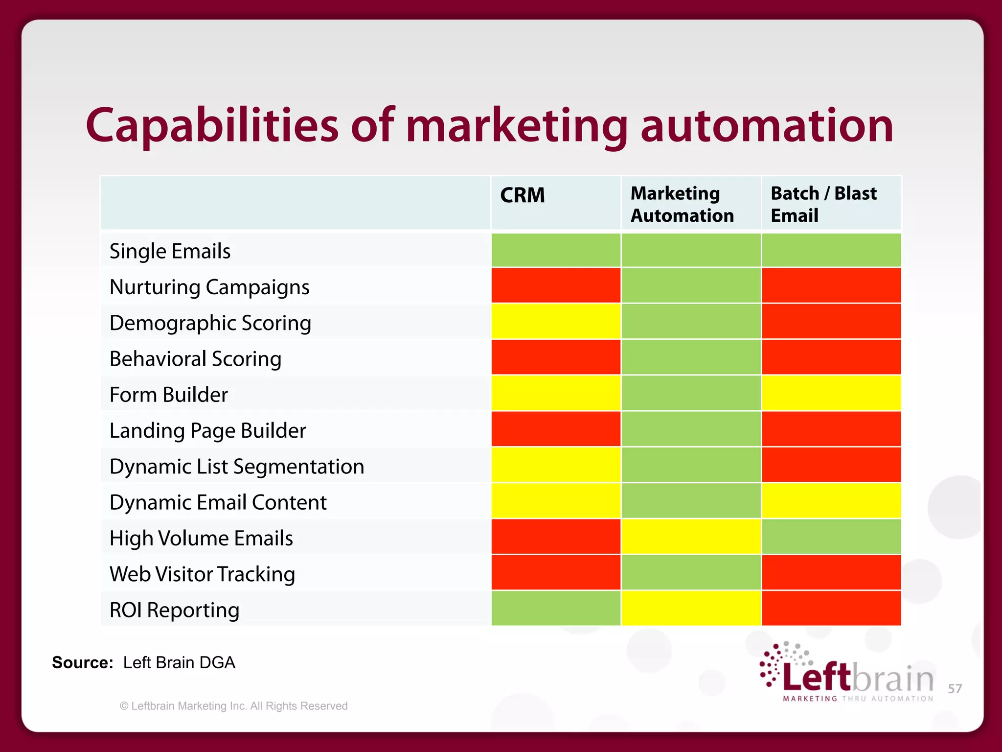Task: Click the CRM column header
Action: coord(522,195)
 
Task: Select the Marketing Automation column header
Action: coord(682,204)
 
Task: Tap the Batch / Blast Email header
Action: coord(823,204)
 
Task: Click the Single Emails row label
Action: coord(170,251)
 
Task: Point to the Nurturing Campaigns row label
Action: coord(209,287)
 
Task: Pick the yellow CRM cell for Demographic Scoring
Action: coord(556,322)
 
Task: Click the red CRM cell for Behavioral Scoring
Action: coord(556,357)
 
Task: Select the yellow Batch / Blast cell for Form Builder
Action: coord(831,393)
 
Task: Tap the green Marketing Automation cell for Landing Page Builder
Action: coord(691,429)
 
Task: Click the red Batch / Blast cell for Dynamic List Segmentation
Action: coord(831,465)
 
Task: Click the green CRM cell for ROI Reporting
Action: coord(556,609)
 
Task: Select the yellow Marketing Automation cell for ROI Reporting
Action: coord(691,609)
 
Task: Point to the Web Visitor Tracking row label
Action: coord(202,574)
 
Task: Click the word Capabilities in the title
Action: coord(211,125)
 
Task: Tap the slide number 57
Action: coord(955,689)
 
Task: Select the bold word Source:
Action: coord(82,662)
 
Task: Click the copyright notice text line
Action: coord(234,706)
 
